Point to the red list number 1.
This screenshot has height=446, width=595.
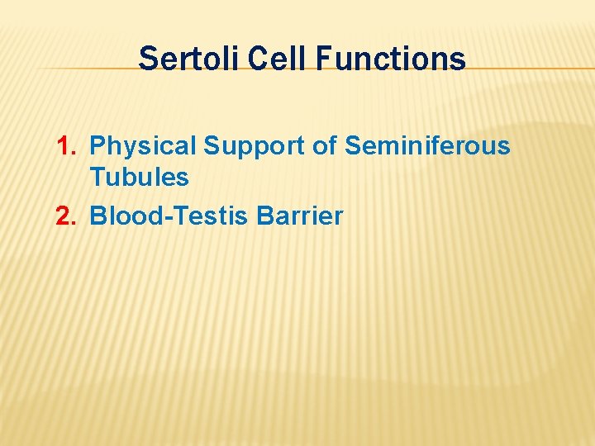[64, 146]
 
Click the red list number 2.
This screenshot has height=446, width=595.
[64, 216]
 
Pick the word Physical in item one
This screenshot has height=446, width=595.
[142, 146]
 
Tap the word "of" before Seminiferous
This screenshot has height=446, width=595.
[324, 146]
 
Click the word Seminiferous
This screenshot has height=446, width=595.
[427, 146]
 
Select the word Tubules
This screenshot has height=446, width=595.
[139, 177]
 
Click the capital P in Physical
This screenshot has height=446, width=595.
[98, 146]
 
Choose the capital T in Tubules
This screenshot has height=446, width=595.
[98, 177]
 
